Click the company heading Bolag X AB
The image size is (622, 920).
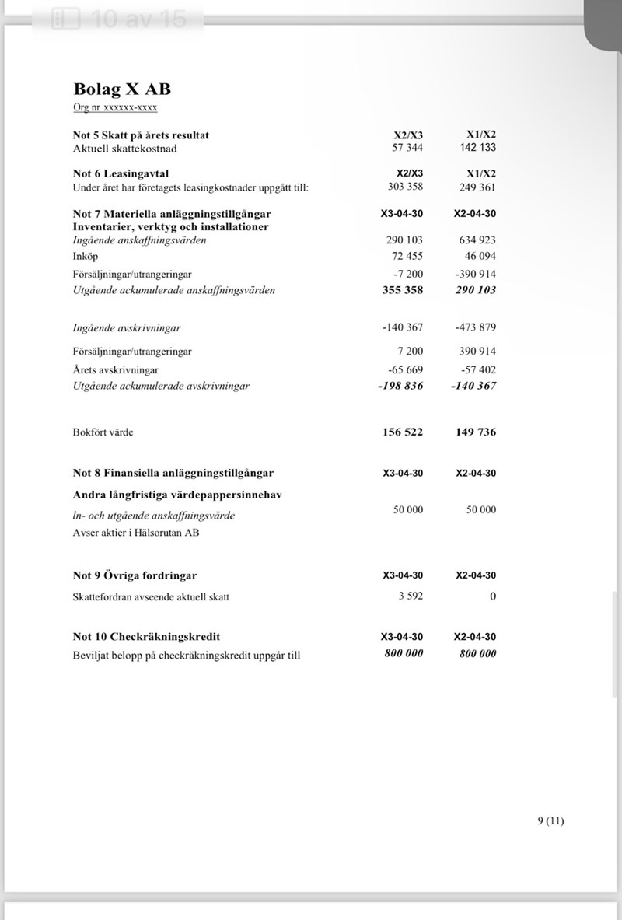[x=122, y=89]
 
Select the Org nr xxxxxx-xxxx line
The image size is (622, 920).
[x=115, y=107]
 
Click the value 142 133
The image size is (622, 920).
[x=477, y=148]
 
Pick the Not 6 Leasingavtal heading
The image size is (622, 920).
[x=121, y=173]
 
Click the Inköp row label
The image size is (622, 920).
[x=86, y=256]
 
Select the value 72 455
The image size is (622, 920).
[x=407, y=256]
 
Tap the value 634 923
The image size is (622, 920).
[x=477, y=240]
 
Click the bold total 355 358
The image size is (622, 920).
[x=403, y=290]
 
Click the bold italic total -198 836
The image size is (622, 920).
[x=400, y=386]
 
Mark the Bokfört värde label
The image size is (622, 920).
[x=103, y=432]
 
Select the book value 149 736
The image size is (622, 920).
[x=476, y=432]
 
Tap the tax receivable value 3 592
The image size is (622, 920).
[x=410, y=596]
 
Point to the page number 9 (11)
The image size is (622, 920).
[x=550, y=820]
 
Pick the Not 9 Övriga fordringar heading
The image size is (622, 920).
[x=135, y=575]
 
